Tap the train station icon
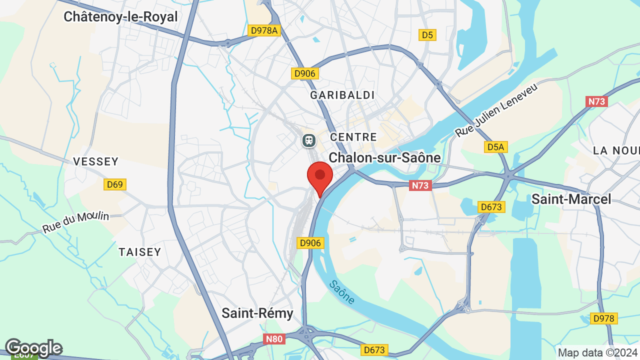309,140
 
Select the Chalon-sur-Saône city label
384,158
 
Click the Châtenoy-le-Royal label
120,17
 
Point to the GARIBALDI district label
342,95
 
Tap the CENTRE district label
353,137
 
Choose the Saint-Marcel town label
571,199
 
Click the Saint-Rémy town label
257,313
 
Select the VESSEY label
96,161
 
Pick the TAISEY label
140,252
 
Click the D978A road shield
264,30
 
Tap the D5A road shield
496,147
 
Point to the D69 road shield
115,184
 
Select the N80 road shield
274,339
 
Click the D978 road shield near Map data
604,318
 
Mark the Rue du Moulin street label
75,222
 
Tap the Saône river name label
342,292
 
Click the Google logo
33,347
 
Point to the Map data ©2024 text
597,352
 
